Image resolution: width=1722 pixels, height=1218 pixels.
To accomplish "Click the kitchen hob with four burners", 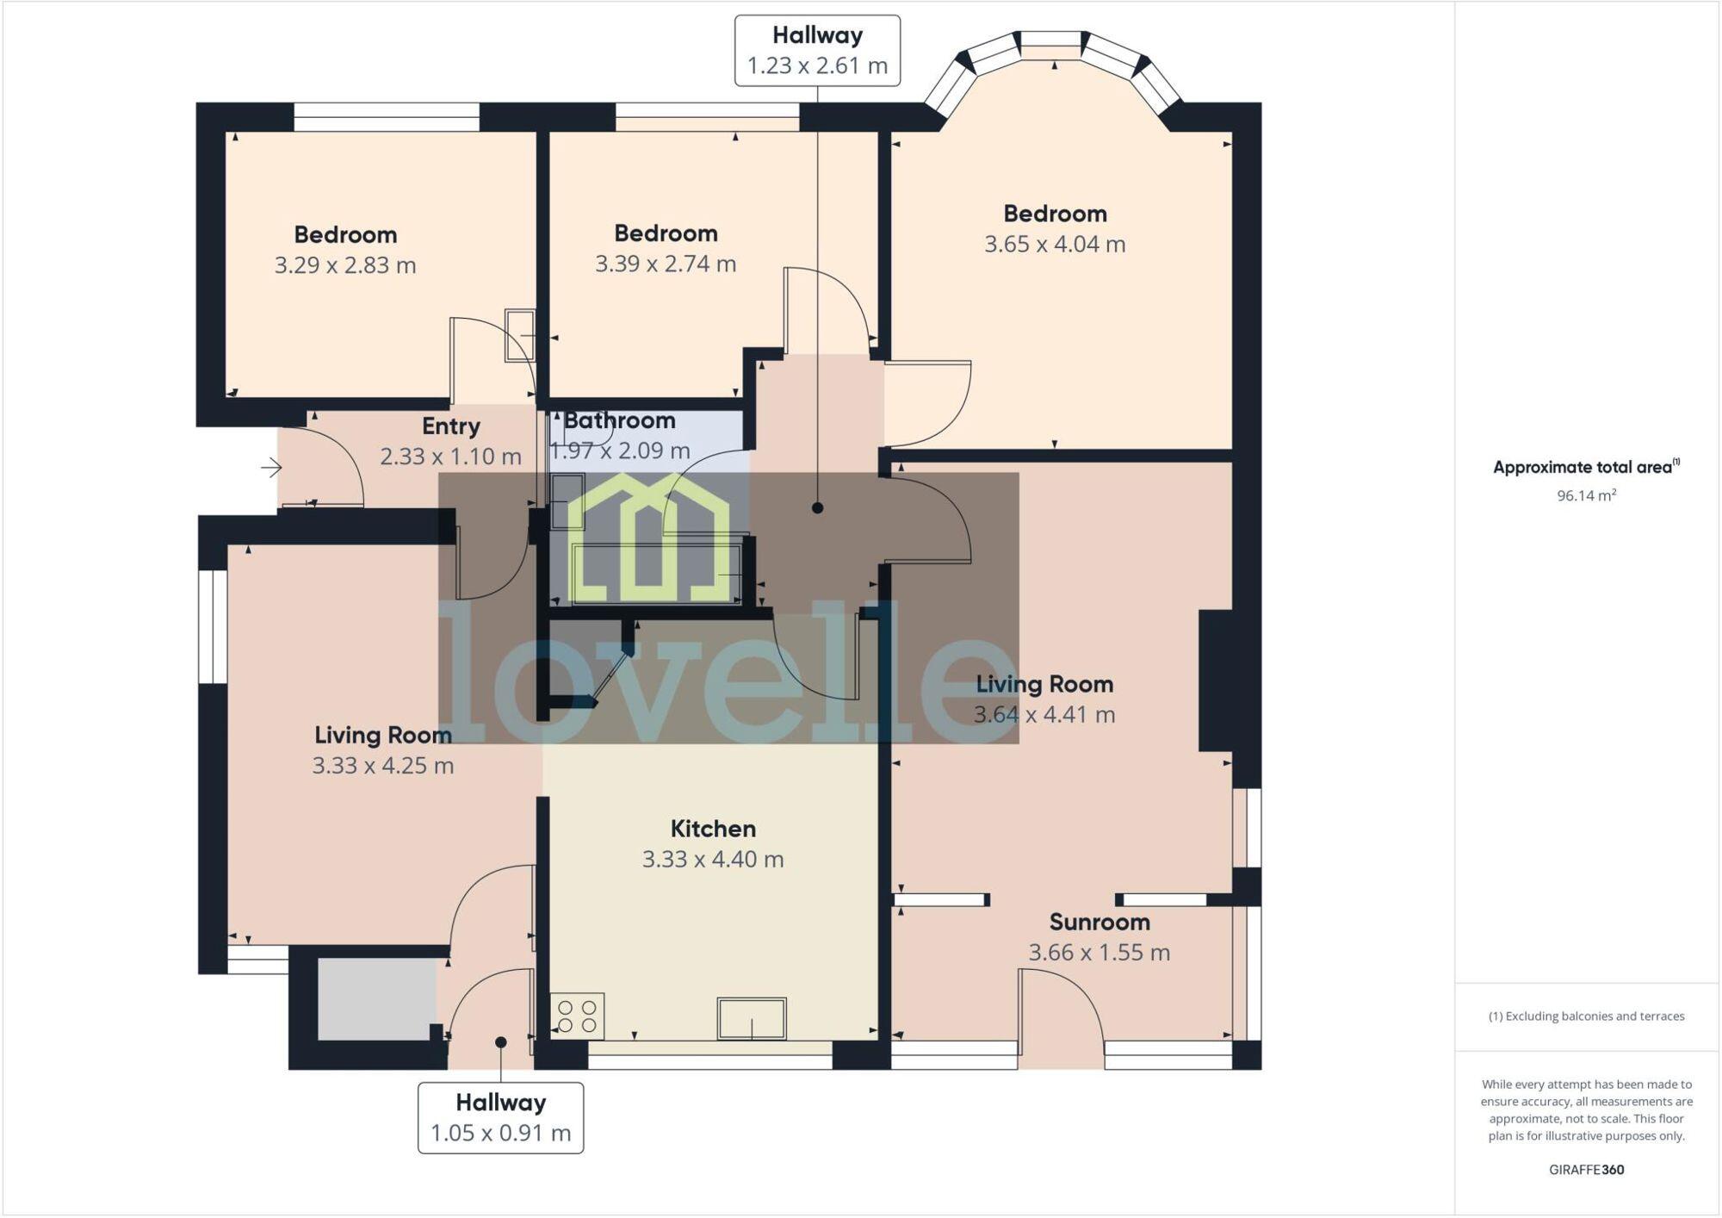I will tap(577, 1016).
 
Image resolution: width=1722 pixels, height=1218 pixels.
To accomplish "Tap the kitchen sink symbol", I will tap(751, 1018).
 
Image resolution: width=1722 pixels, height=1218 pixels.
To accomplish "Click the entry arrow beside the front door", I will tap(271, 468).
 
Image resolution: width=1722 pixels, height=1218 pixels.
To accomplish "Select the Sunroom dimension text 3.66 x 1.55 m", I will tap(1099, 953).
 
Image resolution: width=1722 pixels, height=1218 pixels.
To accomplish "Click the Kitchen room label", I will tap(713, 829).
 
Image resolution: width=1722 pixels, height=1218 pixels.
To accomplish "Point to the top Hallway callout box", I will tap(817, 51).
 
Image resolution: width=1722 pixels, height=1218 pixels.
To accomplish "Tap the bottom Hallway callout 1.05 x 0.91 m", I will tap(500, 1118).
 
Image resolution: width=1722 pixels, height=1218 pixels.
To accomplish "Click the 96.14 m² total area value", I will tap(1585, 496).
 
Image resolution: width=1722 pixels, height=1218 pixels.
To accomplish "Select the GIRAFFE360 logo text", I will tap(1586, 1170).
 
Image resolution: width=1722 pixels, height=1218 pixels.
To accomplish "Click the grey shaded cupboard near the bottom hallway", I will tap(376, 999).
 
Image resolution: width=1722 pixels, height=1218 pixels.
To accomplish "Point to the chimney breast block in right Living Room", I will tap(1216, 680).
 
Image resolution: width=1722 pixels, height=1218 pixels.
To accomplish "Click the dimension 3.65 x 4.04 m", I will tap(1055, 245).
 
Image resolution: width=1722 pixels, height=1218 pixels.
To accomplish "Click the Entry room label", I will tap(450, 426).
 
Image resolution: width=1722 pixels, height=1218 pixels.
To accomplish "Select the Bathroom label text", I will tap(619, 420).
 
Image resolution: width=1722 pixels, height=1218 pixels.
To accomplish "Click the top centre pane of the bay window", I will tap(1050, 40).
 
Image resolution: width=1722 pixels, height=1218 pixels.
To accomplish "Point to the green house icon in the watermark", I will tap(650, 538).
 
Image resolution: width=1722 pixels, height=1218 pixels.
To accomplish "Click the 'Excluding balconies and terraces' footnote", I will tap(1586, 1016).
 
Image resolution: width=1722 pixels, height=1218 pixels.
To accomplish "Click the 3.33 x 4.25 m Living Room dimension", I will tap(382, 766).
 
